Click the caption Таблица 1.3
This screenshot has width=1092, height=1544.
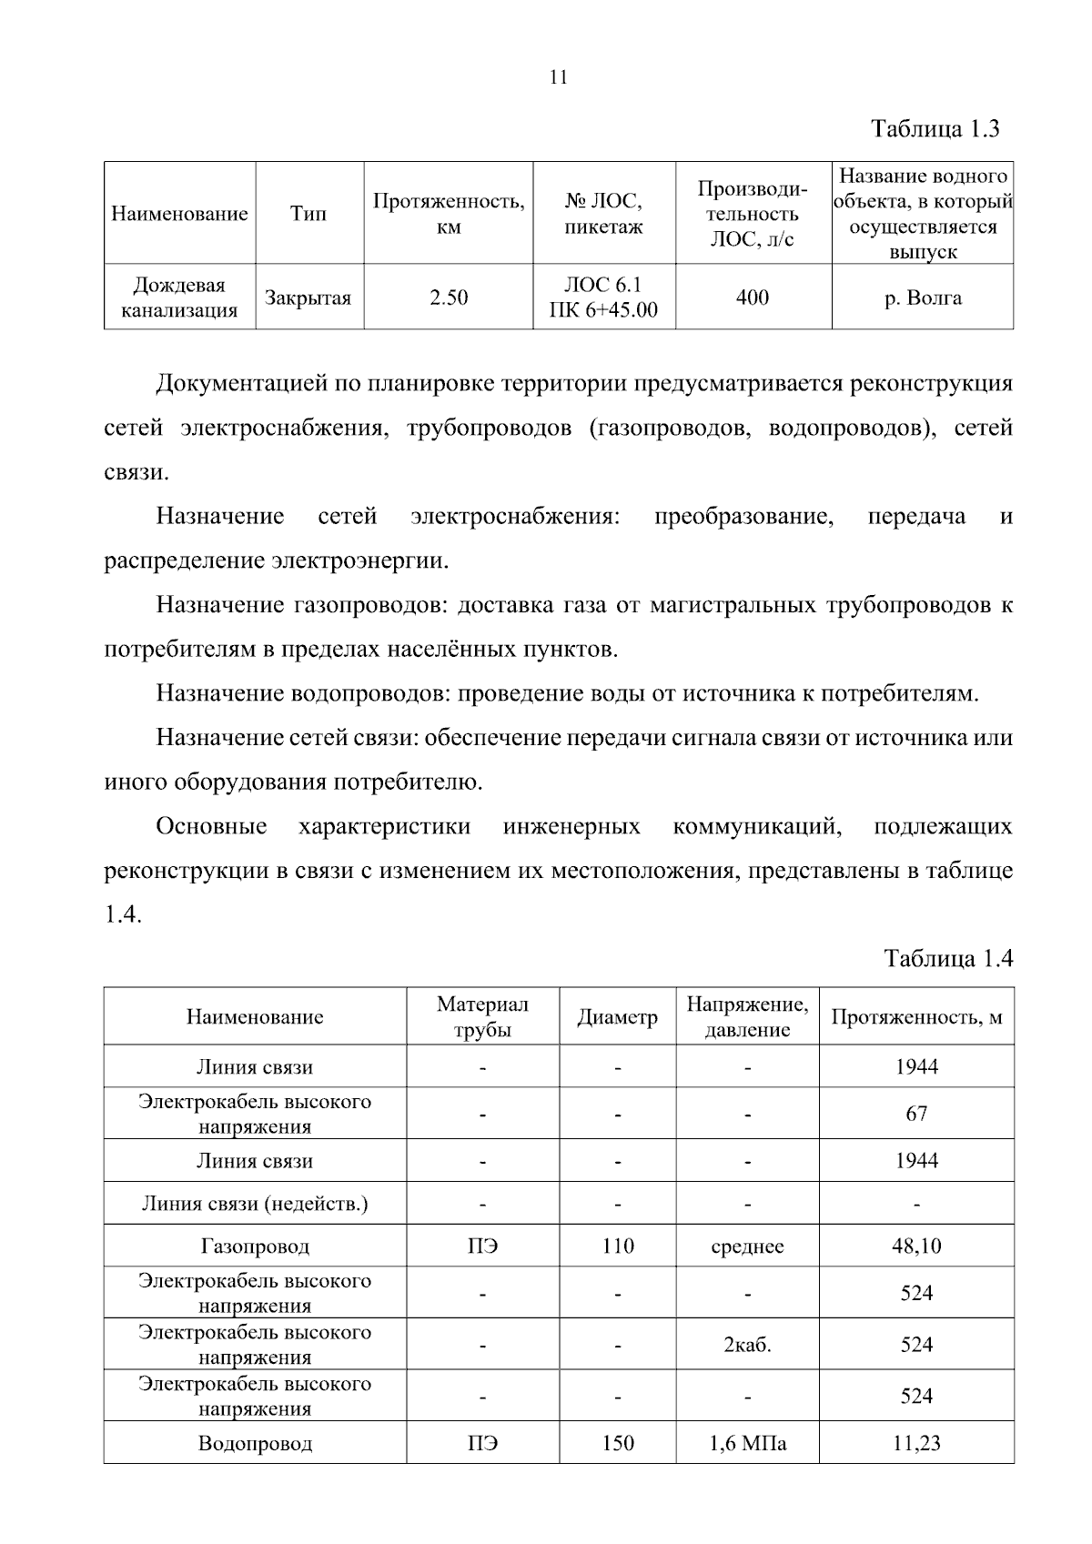coord(935,128)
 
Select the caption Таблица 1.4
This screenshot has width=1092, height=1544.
coord(948,958)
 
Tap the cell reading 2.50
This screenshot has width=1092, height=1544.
coord(449,298)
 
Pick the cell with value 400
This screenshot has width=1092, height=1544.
coord(753,298)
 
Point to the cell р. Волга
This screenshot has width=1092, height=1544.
coord(923,298)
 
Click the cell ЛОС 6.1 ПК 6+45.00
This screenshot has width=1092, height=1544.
coord(603,298)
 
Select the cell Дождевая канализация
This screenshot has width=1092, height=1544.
coord(179,298)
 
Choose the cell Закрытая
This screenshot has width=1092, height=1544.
coord(308,298)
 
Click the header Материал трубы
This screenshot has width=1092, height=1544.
coord(482,1016)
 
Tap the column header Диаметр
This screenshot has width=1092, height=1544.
coord(617,1017)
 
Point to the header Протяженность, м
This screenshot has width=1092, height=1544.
coord(916,1017)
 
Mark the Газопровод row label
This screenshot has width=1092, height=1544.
coord(255,1246)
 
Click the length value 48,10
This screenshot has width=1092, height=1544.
coord(916,1246)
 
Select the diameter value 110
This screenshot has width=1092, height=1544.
coord(617,1246)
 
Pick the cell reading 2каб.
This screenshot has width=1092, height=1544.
coord(747,1345)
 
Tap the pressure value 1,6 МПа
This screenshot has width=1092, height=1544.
coord(747,1443)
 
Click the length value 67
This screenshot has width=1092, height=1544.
coord(916,1114)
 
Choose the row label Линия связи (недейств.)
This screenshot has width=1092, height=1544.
coord(255,1204)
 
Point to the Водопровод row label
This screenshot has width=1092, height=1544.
coord(255,1443)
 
